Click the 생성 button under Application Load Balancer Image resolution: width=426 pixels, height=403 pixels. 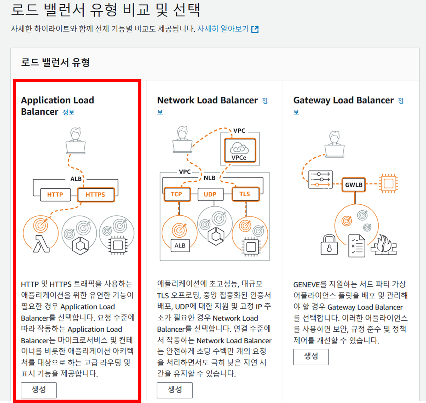tap(39, 390)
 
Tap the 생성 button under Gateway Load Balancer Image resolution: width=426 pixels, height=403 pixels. tap(311, 356)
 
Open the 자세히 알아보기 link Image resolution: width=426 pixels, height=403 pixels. tap(223, 28)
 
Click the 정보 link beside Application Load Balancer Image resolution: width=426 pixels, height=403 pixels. tap(68, 112)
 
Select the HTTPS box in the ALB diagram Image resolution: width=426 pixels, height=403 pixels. tap(96, 195)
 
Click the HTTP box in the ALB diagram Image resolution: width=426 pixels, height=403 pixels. tap(55, 195)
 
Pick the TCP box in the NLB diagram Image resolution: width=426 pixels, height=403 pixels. tap(177, 194)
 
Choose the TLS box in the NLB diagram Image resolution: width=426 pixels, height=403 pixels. tap(245, 194)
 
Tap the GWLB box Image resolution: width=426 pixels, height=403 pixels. tap(354, 185)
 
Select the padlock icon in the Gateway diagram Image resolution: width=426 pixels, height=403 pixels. tap(329, 245)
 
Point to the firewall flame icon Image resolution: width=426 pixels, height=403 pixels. tap(384, 245)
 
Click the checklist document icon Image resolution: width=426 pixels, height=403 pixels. tap(357, 246)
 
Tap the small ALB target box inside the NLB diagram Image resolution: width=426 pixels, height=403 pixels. tap(180, 246)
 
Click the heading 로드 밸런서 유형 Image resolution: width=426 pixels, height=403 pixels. tap(55, 62)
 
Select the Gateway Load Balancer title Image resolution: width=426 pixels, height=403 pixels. tap(343, 100)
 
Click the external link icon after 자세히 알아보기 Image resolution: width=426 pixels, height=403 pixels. tap(255, 29)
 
